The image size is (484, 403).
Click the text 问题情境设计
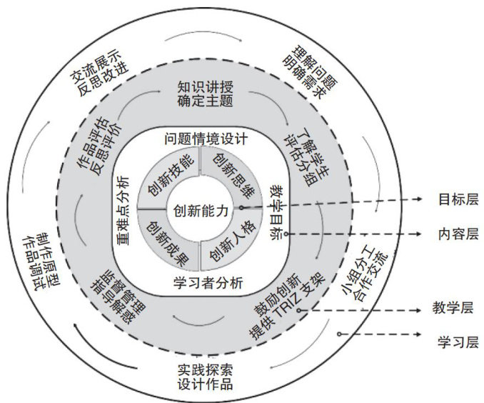pos(205,138)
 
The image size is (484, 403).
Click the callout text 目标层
pos(454,199)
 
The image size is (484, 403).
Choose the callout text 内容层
pos(454,234)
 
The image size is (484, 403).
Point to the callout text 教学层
pos(454,309)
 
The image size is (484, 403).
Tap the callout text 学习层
pos(454,342)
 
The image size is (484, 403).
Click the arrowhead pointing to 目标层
pos(421,199)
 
